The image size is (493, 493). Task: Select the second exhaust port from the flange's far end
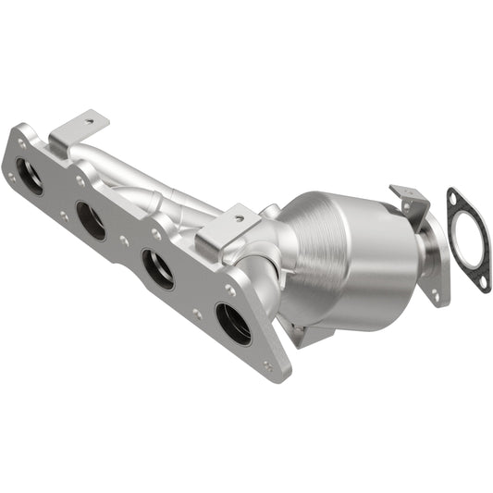(91, 221)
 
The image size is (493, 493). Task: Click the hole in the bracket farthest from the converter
(90, 118)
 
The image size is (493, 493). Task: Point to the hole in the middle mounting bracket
(238, 219)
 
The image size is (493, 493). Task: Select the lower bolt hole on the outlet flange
(434, 295)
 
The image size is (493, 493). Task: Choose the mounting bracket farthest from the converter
(78, 130)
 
